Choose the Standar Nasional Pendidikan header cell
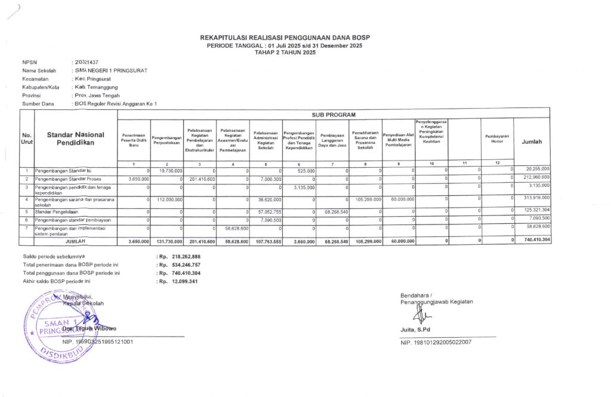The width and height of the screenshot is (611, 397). pyautogui.click(x=75, y=139)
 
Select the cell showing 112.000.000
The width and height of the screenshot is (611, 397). pyautogui.click(x=169, y=199)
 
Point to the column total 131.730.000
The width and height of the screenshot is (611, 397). pyautogui.click(x=168, y=241)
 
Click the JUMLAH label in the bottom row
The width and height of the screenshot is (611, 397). pyautogui.click(x=75, y=241)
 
